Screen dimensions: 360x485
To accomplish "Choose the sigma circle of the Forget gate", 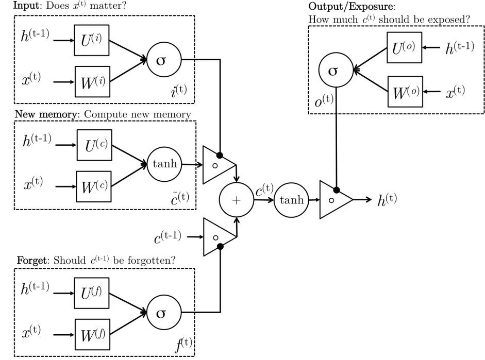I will [x=161, y=312].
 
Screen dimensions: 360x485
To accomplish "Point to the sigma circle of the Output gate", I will [x=333, y=71].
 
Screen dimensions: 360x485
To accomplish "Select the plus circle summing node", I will [x=237, y=199].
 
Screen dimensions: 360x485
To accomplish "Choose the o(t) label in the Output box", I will [x=324, y=101].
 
